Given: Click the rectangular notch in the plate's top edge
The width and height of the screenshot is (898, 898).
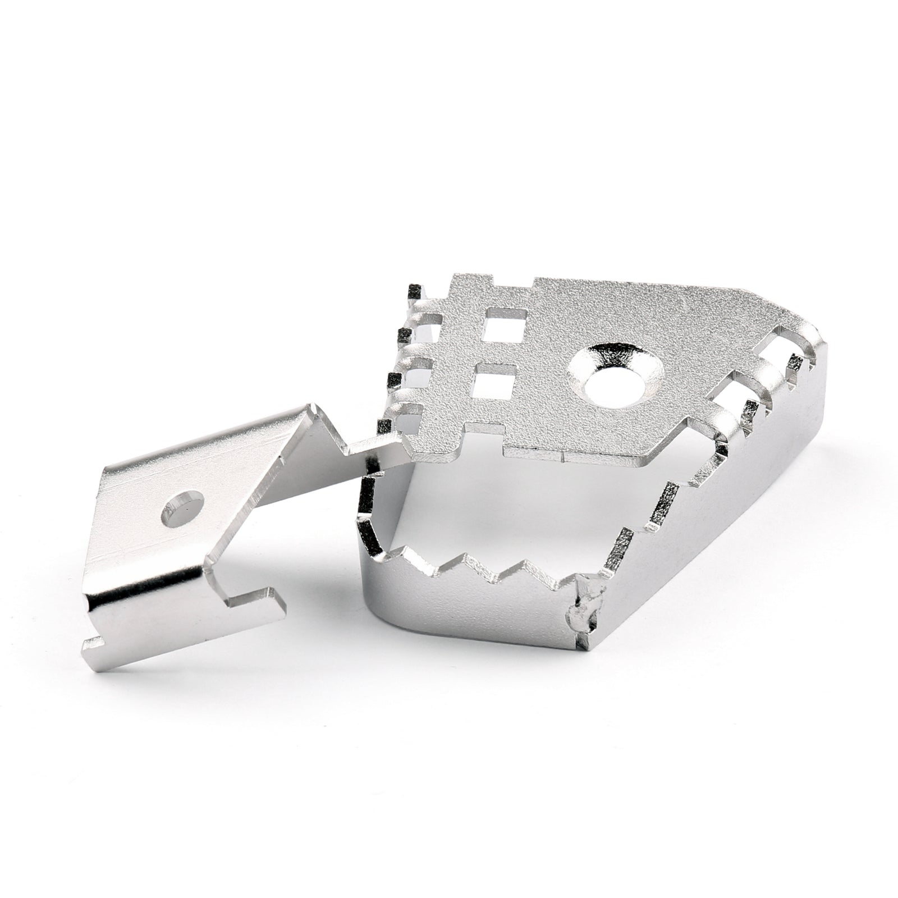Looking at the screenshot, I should (x=513, y=283).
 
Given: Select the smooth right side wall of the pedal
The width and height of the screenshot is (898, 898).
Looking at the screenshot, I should (x=730, y=539).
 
